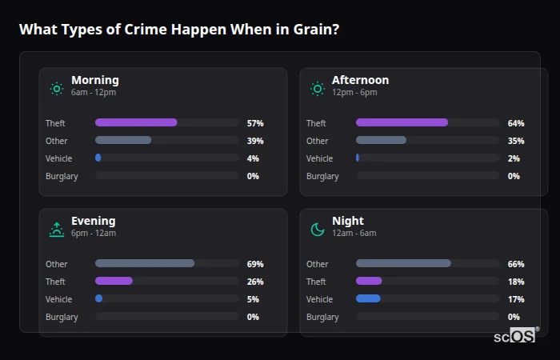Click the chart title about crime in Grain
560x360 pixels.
[178, 30]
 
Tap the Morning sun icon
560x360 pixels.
[56, 88]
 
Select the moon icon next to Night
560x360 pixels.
[318, 230]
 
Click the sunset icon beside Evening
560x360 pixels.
[56, 230]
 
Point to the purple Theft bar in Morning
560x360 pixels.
[136, 123]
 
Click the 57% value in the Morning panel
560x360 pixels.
[255, 123]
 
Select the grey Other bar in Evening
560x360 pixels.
[145, 264]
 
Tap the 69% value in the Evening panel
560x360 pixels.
[255, 264]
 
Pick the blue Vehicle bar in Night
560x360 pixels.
[368, 299]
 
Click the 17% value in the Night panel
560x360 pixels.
[516, 299]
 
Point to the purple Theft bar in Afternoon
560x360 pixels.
[402, 123]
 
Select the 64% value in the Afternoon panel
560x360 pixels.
[516, 123]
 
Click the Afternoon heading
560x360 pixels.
[360, 80]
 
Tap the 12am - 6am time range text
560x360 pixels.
[354, 234]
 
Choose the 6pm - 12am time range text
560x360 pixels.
[94, 234]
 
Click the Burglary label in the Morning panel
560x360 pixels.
[62, 176]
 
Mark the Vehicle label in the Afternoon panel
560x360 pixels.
[320, 158]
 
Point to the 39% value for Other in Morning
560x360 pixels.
[255, 141]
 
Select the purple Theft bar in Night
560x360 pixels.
[369, 282]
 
